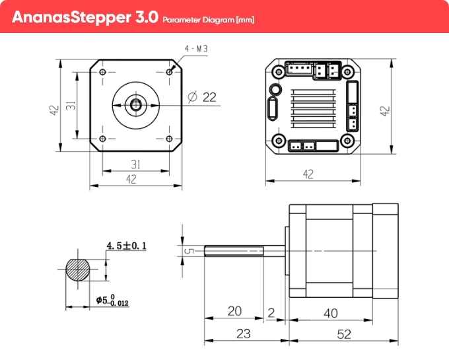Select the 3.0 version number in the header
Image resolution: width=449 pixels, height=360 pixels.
pos(145,17)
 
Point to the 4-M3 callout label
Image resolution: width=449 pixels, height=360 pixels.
pos(196,49)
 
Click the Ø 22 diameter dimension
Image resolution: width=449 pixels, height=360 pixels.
pos(203,97)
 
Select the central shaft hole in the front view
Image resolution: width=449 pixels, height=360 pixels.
pos(136,104)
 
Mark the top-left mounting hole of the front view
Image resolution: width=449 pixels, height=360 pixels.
pos(102,70)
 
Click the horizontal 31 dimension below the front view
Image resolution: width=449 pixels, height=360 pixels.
pos(135,164)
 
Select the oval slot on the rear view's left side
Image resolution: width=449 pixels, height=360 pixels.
pos(271,108)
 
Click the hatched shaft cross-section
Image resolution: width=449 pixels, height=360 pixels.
pos(79,268)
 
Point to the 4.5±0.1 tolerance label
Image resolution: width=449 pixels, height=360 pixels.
pos(126,246)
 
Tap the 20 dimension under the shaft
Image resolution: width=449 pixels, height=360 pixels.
pos(234,311)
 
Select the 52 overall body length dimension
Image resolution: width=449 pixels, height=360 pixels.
pos(344,334)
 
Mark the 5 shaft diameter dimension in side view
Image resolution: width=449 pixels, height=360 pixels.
pos(188,250)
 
